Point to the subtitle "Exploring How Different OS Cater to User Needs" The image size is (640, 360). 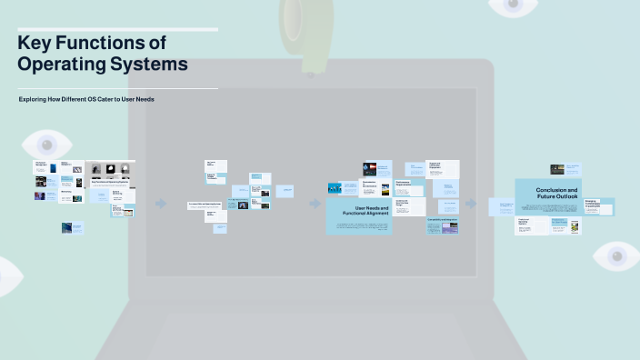(86, 98)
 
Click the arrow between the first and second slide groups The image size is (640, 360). (161, 204)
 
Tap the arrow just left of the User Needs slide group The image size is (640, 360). (315, 204)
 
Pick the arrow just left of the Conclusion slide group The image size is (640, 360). (471, 204)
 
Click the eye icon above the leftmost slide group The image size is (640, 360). (46, 144)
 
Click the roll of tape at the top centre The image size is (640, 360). (304, 23)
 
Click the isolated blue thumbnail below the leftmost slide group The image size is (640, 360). (73, 228)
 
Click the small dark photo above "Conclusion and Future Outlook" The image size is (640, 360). (557, 169)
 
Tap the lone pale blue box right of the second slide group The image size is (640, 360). (285, 191)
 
